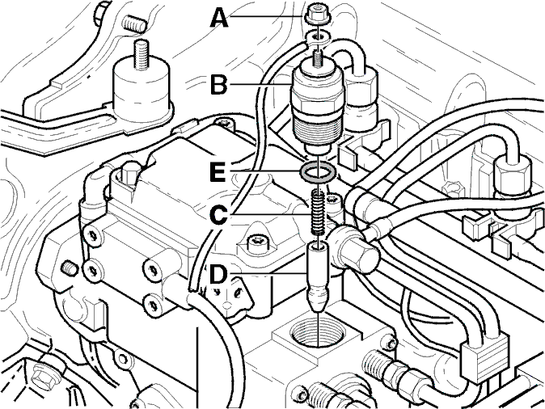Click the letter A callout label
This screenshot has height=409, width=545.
pyautogui.click(x=219, y=18)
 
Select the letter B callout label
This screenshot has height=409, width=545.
pyautogui.click(x=219, y=84)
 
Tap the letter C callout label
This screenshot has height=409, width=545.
pyautogui.click(x=219, y=216)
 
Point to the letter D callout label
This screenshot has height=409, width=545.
pyautogui.click(x=218, y=276)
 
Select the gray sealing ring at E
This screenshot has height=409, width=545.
pyautogui.click(x=318, y=171)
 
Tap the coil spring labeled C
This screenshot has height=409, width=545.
pyautogui.click(x=318, y=213)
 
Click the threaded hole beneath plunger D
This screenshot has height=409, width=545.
pyautogui.click(x=318, y=333)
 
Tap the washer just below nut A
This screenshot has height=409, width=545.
pyautogui.click(x=317, y=37)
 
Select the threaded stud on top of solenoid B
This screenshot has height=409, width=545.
pyautogui.click(x=318, y=58)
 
